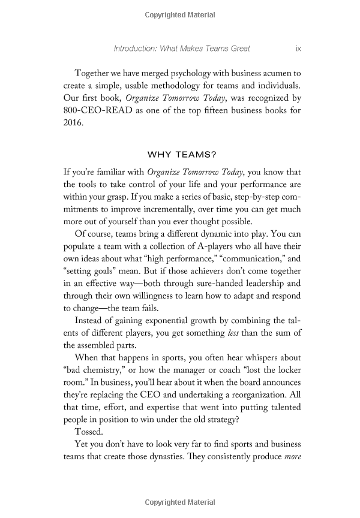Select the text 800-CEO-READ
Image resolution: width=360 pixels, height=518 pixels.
95,110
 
